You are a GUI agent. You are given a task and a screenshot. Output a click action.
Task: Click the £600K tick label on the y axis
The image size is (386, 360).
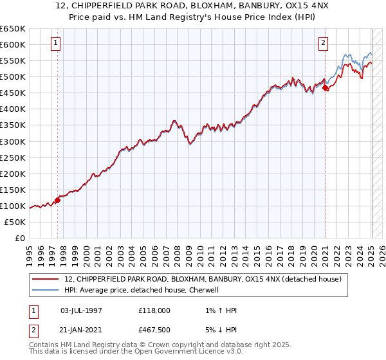coord(13,44)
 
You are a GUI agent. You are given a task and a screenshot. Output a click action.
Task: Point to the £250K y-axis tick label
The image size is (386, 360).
coord(13,157)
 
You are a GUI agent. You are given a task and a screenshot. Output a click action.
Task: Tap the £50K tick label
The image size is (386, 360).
coord(15,222)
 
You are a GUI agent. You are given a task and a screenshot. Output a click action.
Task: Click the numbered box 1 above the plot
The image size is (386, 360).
coord(57,44)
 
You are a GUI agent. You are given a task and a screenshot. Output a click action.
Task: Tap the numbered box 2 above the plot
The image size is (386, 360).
coord(323,44)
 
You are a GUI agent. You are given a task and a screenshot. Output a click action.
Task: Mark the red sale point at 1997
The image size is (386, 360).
coord(57,200)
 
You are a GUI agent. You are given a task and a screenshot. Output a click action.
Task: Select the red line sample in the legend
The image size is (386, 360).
coord(46,279)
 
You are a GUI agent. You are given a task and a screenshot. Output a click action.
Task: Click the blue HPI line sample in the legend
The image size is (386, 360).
coord(46,290)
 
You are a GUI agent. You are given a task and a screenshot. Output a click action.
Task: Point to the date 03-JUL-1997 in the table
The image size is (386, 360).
coord(81,310)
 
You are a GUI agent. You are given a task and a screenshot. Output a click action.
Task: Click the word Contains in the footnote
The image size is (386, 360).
coord(44,345)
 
